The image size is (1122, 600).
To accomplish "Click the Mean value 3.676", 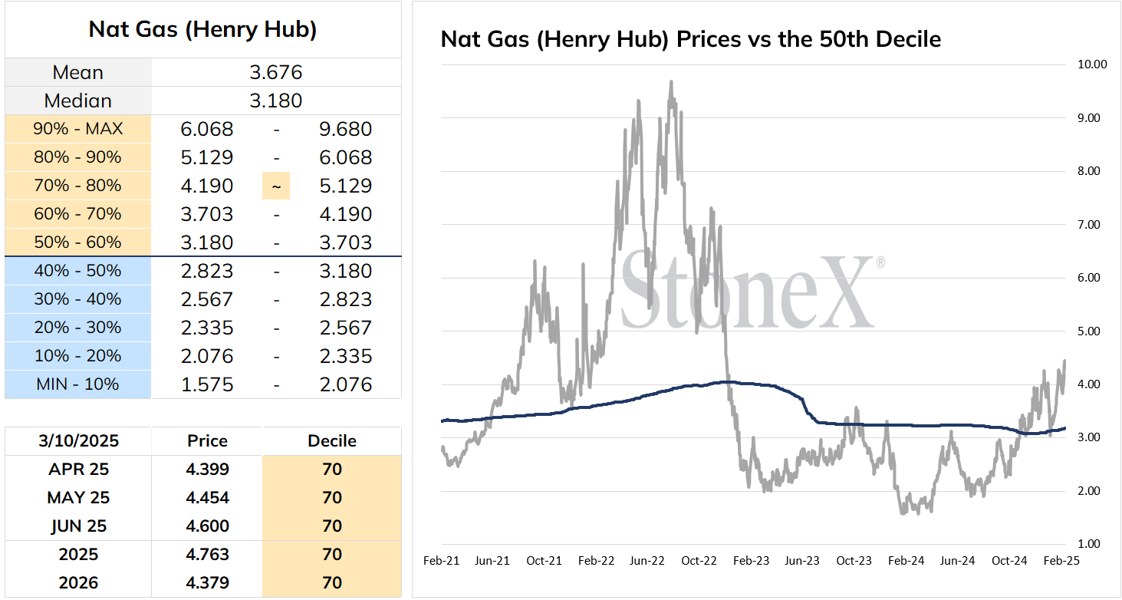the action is tap(276, 72).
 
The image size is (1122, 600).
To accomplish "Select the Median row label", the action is tap(77, 101).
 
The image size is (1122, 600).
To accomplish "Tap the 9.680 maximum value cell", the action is tap(346, 130).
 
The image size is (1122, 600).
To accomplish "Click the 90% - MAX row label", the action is tap(77, 129).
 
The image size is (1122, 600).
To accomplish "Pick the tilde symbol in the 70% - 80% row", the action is tap(276, 186).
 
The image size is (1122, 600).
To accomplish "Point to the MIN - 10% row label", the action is tap(77, 384).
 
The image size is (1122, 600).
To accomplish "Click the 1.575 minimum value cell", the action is tap(207, 385).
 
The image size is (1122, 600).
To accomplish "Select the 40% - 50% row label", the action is tap(77, 271).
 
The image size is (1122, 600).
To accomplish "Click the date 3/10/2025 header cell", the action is tap(79, 440).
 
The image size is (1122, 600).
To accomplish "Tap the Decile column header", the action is tap(331, 440).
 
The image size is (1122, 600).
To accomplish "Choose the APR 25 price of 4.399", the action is tap(207, 469).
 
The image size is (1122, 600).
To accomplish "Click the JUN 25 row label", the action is tap(79, 526).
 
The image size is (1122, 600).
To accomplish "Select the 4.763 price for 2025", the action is tap(207, 555).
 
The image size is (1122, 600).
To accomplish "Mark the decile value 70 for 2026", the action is tap(331, 582).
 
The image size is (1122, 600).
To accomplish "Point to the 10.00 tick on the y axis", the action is tap(1092, 64).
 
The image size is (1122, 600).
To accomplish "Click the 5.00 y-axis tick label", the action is tap(1089, 331).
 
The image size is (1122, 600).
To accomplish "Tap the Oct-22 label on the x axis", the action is tap(699, 560).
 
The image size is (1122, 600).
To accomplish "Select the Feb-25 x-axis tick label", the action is tap(1061, 560).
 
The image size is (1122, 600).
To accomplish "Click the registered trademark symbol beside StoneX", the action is tap(880, 262).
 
